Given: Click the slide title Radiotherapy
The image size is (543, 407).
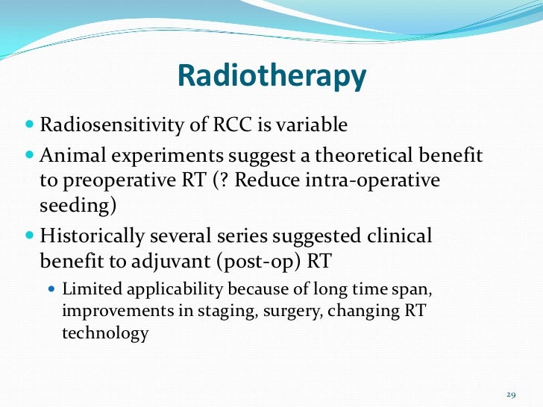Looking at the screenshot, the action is (x=272, y=76).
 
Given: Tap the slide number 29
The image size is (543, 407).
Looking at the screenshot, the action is (x=511, y=394).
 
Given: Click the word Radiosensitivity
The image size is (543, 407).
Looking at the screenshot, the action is (x=112, y=125).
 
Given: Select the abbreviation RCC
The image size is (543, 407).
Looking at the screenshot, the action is (x=232, y=124).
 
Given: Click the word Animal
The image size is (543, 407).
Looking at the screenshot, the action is (x=73, y=155).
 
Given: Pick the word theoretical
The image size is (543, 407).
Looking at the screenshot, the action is (x=364, y=155).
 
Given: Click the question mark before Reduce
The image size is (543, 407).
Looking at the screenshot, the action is (x=225, y=180).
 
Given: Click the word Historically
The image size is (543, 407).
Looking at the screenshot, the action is (x=92, y=237).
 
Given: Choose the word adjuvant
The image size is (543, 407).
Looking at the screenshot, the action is (x=171, y=262).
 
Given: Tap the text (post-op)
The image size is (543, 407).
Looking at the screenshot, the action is (x=258, y=262).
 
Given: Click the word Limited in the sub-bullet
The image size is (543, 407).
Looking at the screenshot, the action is (x=92, y=289).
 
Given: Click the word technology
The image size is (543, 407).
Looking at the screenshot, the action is (x=105, y=333).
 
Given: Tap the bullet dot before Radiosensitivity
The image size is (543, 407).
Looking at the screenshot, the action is (x=30, y=124).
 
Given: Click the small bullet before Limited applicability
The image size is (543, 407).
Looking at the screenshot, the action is (x=52, y=288).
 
